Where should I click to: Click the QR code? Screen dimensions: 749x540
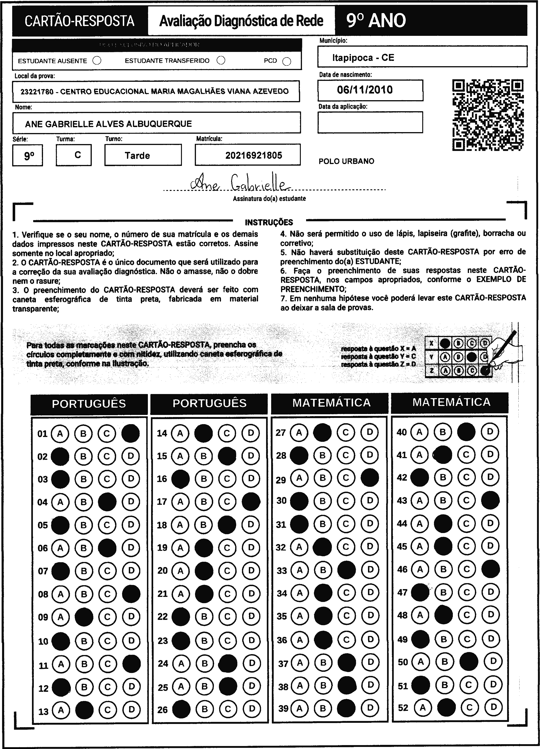click(488, 115)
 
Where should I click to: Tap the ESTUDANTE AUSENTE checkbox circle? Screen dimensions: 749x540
click(97, 61)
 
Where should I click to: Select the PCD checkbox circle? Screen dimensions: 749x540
click(287, 61)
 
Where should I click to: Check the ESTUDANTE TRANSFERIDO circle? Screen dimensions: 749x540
click(221, 60)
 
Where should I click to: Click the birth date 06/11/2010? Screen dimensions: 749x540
click(365, 90)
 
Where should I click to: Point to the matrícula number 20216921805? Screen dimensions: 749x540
click(254, 155)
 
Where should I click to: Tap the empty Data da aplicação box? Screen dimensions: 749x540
click(370, 122)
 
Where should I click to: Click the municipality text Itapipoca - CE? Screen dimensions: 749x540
click(363, 58)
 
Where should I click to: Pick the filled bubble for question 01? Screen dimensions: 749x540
click(131, 433)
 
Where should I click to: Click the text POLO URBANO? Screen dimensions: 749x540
click(346, 161)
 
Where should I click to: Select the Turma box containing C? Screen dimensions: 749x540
click(74, 155)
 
